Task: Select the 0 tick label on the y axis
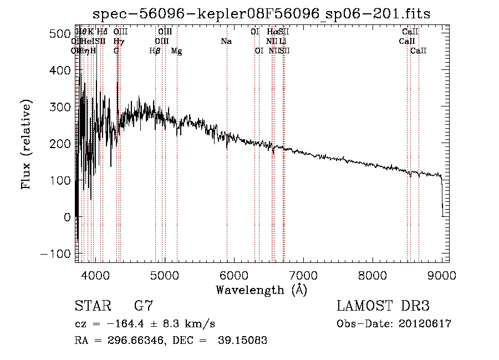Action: pos(67,217)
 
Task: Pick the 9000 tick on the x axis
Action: pos(442,275)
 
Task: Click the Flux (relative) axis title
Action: pos(27,144)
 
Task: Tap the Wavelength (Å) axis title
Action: pos(261,290)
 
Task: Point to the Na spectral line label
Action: pos(226,42)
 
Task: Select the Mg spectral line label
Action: pos(176,51)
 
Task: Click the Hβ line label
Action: pos(155,51)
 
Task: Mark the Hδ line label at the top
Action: pos(102,32)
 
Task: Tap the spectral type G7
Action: pos(143,306)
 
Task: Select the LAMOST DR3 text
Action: pos(383,306)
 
